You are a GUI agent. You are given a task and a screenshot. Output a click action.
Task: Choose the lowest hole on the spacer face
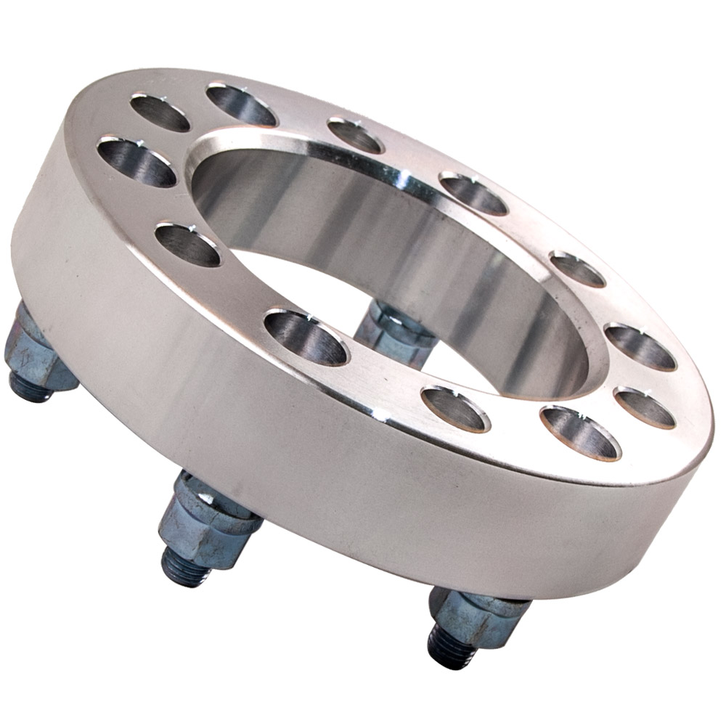(581, 433)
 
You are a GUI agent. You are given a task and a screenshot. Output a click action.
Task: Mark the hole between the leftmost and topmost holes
(160, 113)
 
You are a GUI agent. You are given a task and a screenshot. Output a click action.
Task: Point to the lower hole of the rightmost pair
(645, 407)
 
